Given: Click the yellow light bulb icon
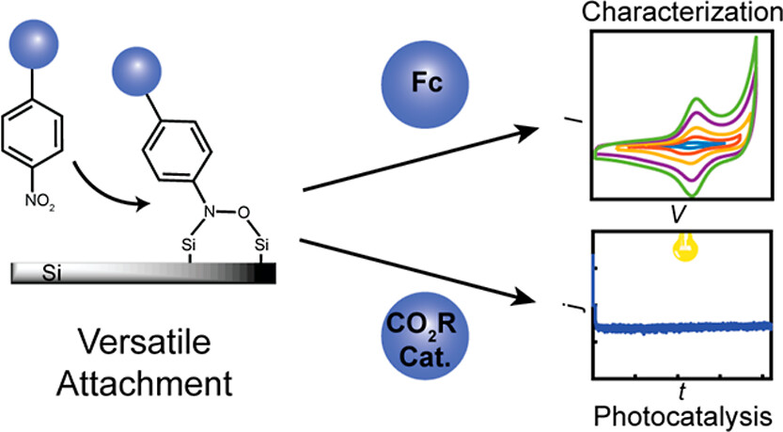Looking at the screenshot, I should [677, 248].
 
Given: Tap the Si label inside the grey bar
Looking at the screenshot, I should [54, 274].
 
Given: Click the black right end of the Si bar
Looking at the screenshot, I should [265, 273].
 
